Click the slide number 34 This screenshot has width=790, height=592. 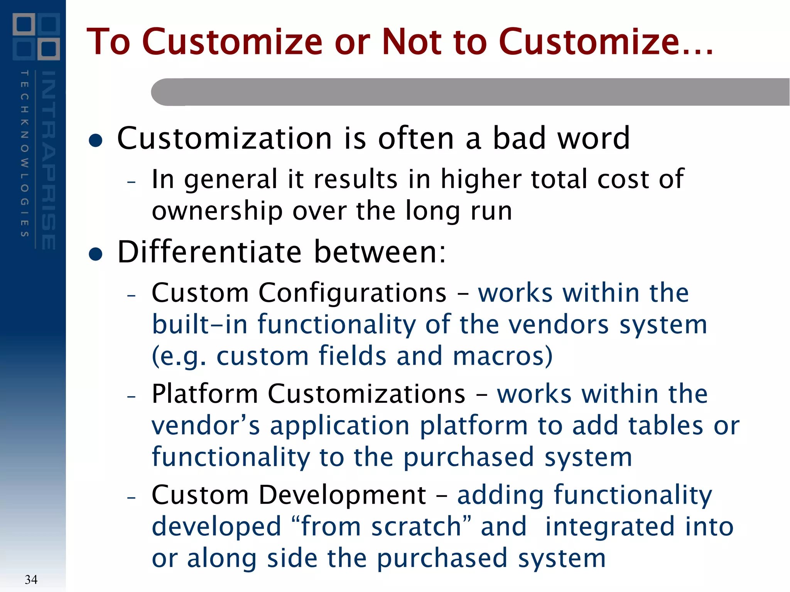(x=31, y=579)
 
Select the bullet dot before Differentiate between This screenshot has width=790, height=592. (x=95, y=254)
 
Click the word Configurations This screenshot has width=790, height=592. (x=352, y=293)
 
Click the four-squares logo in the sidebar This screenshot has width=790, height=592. (x=36, y=37)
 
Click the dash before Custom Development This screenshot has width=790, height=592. (x=132, y=498)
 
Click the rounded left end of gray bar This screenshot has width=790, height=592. (x=162, y=92)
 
